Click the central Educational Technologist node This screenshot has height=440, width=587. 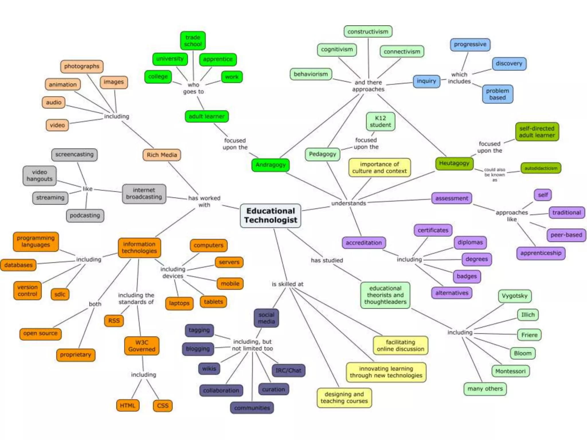click(271, 215)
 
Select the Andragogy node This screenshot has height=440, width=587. click(271, 165)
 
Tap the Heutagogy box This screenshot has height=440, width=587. click(454, 163)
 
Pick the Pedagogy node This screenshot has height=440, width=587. click(322, 154)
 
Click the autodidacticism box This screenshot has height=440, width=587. click(541, 168)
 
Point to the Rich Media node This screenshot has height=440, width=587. click(162, 155)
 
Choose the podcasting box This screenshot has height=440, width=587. click(85, 215)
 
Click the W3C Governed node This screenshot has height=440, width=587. click(142, 346)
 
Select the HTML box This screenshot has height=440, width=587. click(128, 406)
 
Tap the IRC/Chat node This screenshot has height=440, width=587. click(288, 370)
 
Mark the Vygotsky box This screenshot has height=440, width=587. click(514, 296)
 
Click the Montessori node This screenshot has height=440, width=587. click(510, 371)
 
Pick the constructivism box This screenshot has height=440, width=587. click(368, 32)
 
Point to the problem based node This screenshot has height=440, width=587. click(497, 94)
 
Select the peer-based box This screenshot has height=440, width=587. click(566, 235)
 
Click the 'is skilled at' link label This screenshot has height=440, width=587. click(287, 284)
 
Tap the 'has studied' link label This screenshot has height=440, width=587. click(327, 260)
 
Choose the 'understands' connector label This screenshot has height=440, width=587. click(349, 203)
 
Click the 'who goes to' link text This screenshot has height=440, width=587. click(193, 88)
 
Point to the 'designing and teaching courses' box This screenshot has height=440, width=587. click(344, 398)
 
